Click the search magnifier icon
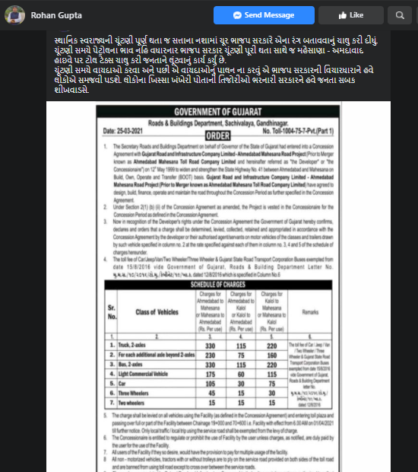[398, 14]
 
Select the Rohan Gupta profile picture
[16, 14]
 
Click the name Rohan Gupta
[55, 14]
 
